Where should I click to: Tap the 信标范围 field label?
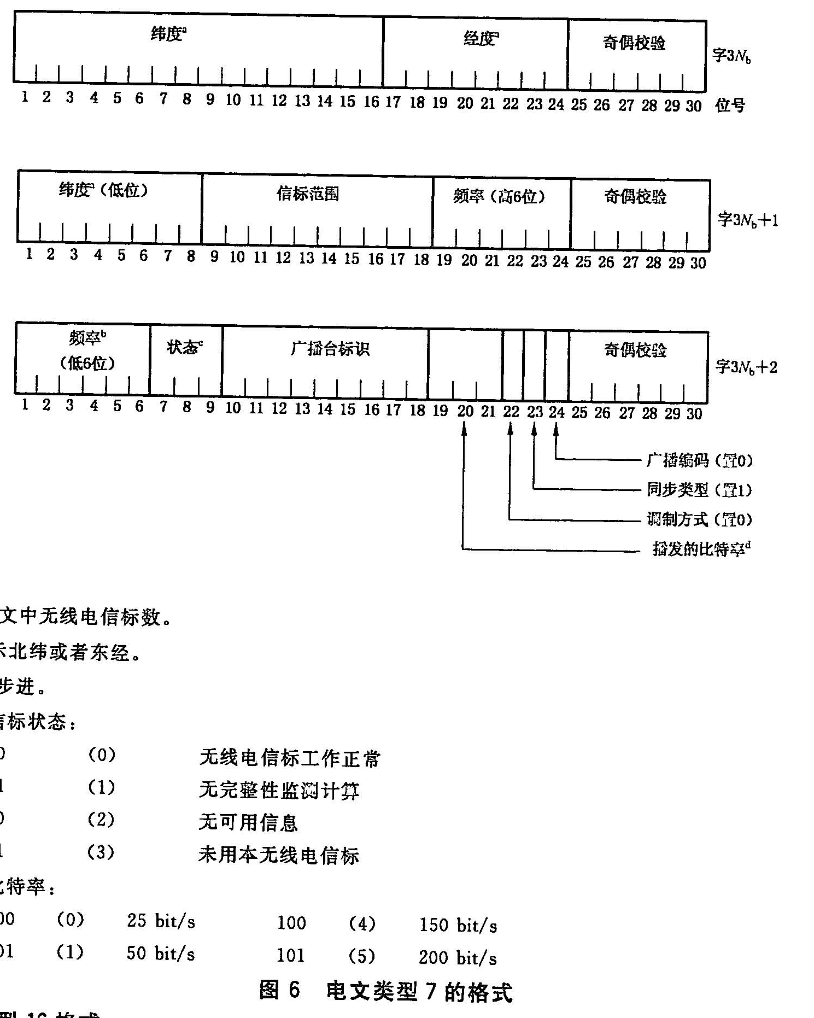(308, 194)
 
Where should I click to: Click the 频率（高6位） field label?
(499, 196)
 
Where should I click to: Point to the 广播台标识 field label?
(330, 349)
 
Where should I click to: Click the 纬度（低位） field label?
(104, 190)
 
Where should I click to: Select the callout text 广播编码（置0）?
(699, 461)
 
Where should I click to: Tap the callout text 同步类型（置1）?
(699, 490)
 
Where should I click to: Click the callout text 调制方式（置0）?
(699, 519)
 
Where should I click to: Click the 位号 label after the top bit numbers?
(730, 105)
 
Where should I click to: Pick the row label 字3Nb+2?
(746, 367)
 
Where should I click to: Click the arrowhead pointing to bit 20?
(464, 430)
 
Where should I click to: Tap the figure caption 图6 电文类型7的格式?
(386, 990)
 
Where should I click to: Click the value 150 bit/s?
(458, 925)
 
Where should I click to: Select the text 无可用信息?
(248, 822)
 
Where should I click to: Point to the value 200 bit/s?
(458, 957)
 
